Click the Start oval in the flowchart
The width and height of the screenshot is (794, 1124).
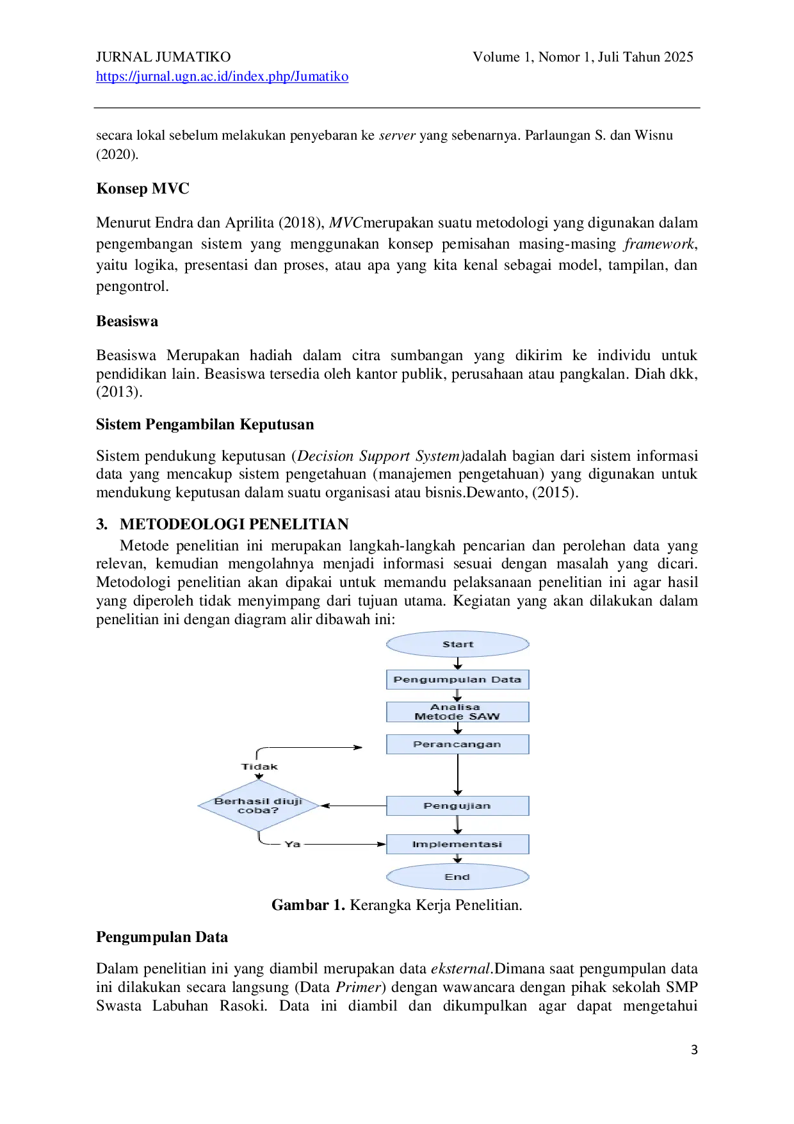[457, 644]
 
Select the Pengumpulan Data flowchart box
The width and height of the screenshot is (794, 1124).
[457, 679]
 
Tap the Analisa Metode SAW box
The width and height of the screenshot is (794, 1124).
[457, 712]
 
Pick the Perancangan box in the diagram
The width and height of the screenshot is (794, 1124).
[457, 744]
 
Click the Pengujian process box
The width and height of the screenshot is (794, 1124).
[457, 806]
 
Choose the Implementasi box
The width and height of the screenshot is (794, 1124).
[457, 844]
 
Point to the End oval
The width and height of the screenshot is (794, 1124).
[457, 877]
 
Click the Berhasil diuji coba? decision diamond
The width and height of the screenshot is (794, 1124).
[259, 806]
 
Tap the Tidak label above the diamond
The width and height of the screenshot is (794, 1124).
[259, 766]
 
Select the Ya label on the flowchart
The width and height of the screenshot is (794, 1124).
[293, 844]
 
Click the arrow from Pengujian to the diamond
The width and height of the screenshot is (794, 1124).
[353, 806]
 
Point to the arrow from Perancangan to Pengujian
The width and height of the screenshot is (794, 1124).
[457, 775]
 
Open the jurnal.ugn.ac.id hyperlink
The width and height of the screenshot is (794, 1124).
[222, 76]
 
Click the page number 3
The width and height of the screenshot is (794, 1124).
[694, 1050]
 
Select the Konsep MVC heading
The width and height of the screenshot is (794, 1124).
[143, 188]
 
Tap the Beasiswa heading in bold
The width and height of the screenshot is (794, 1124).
[127, 321]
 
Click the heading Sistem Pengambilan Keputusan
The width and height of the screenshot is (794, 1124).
[205, 424]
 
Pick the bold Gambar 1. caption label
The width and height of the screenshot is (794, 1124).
[308, 905]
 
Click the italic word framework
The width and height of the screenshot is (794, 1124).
[659, 244]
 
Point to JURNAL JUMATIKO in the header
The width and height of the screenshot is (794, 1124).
[163, 57]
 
